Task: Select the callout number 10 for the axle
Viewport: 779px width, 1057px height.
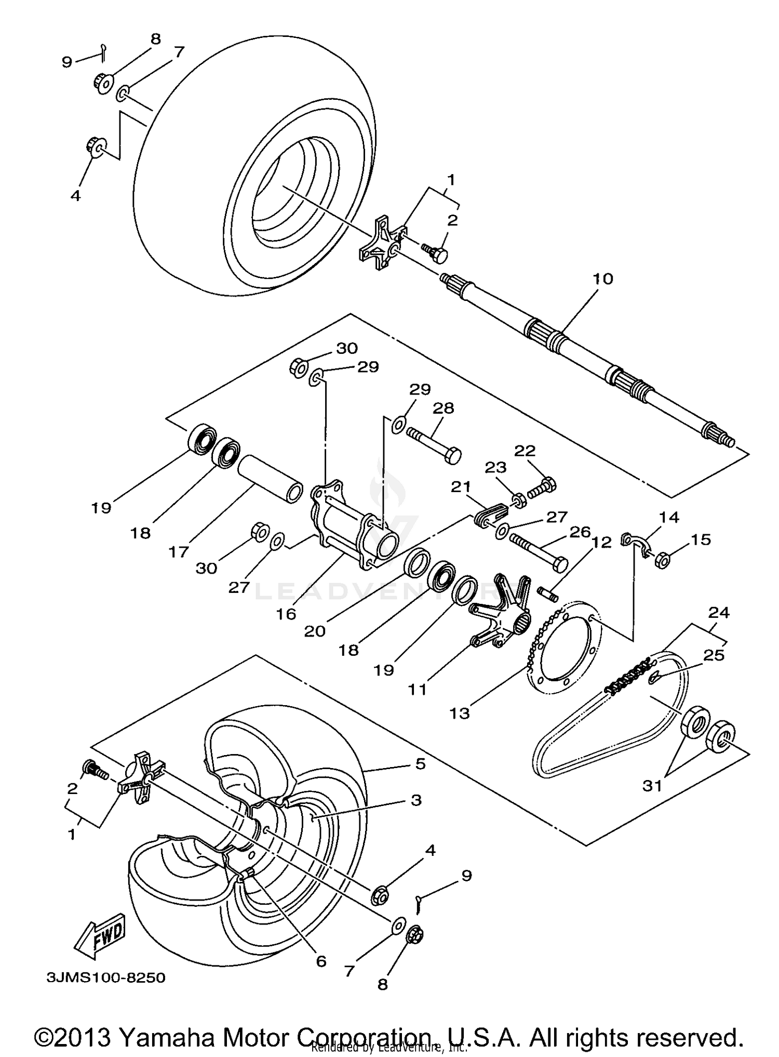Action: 603,279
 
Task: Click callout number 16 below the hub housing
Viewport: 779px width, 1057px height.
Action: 286,614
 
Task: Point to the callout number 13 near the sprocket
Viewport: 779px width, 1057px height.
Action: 460,713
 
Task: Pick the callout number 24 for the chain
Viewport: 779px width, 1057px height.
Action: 719,613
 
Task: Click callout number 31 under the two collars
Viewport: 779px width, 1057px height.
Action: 652,786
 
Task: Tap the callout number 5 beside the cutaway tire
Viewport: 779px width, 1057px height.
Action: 420,763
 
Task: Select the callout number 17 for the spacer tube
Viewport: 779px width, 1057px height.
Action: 178,552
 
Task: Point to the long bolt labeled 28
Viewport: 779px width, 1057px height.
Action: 435,442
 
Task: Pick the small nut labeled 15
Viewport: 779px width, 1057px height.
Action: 662,561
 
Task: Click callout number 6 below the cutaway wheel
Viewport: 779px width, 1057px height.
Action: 321,961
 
